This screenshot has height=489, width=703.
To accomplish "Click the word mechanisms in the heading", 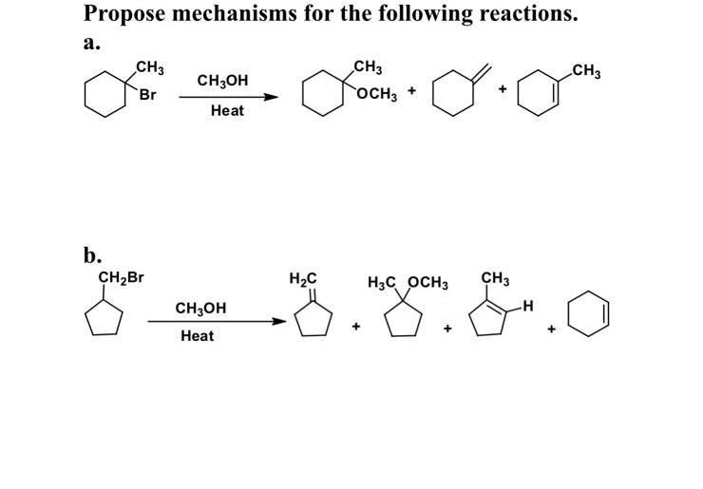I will click(228, 14).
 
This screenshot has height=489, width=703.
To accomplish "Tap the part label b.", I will click(92, 254).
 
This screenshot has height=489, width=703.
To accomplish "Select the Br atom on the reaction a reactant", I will click(147, 96).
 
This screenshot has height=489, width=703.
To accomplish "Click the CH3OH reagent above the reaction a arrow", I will click(222, 81).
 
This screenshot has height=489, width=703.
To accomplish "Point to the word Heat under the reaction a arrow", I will click(227, 111).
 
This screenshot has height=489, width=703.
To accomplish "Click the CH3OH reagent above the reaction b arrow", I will click(201, 308).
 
